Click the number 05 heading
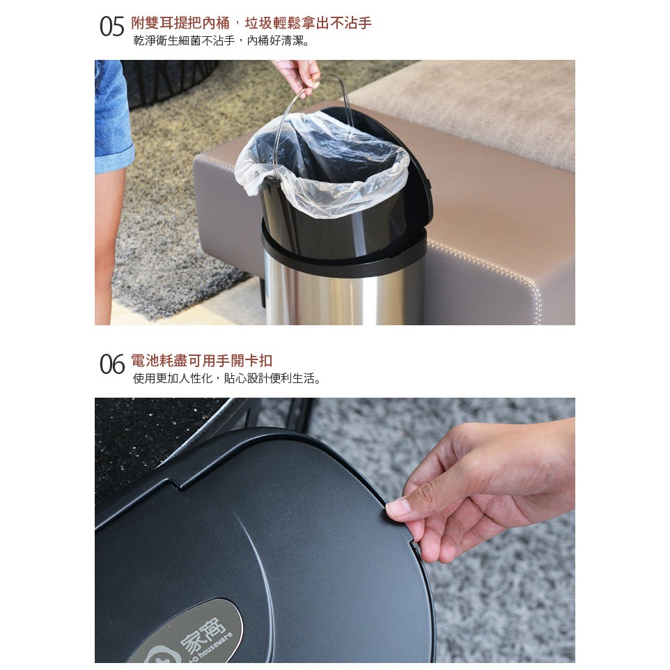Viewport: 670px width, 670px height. (x=111, y=26)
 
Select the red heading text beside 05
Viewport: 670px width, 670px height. (x=251, y=23)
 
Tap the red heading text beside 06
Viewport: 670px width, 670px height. (x=201, y=361)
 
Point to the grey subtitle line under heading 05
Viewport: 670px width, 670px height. (x=221, y=41)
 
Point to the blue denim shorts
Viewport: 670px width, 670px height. (x=112, y=116)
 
